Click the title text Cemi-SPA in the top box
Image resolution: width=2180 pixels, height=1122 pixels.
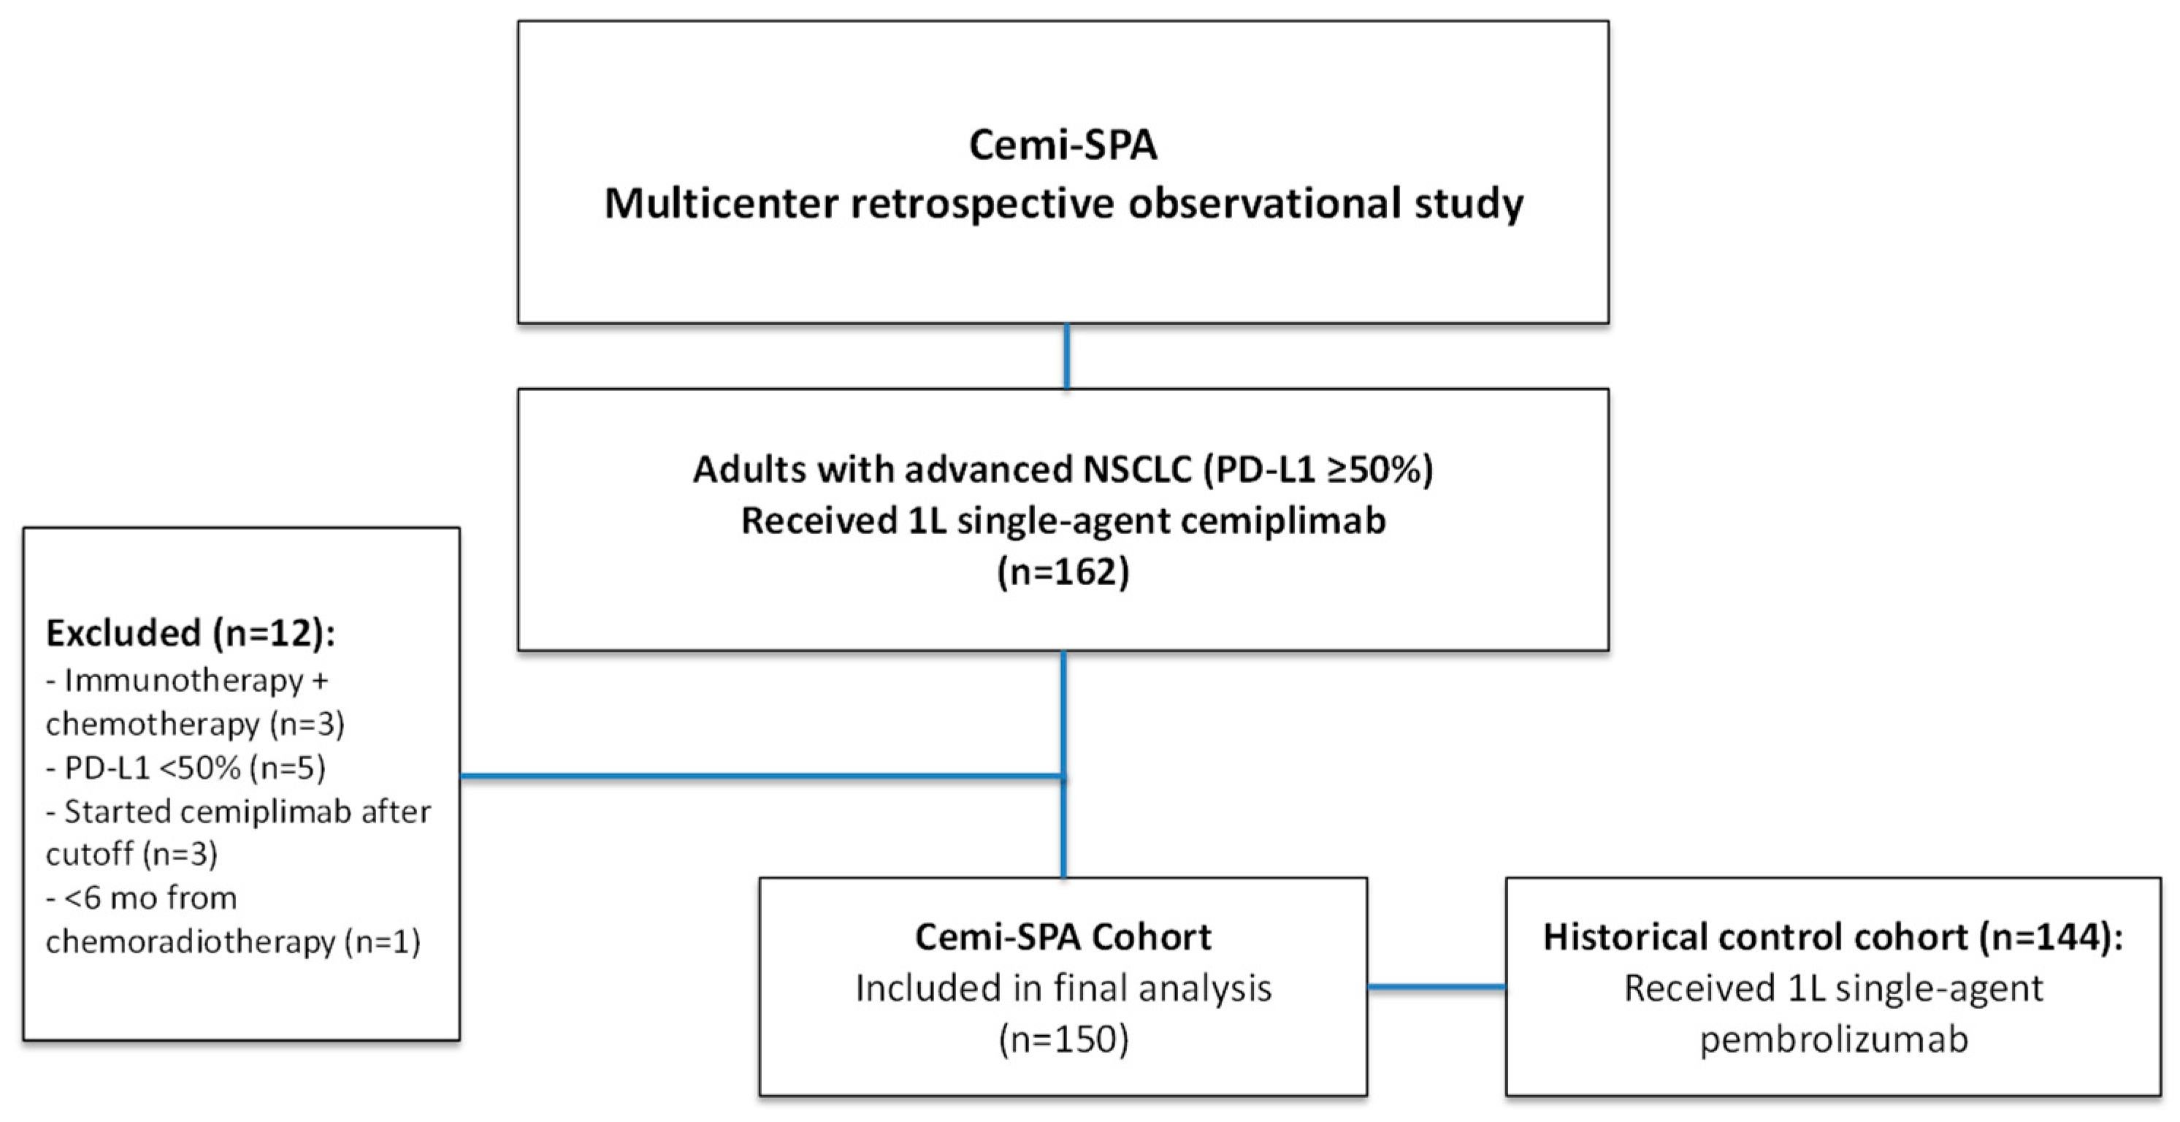(1062, 145)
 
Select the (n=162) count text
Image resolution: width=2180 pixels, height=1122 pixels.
(1062, 572)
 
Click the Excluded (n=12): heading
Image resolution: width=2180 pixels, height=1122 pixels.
(191, 633)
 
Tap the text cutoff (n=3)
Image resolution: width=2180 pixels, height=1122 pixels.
(131, 855)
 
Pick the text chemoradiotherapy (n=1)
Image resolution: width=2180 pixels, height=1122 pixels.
(233, 942)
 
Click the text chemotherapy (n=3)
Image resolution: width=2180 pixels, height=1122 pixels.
(195, 725)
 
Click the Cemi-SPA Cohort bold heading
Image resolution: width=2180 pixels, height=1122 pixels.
(1062, 936)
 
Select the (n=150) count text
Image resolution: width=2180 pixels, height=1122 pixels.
(1063, 1039)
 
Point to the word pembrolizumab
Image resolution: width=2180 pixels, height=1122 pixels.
(1833, 1039)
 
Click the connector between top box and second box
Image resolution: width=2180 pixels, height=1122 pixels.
(1066, 356)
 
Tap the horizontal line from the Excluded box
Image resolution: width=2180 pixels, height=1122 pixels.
(762, 775)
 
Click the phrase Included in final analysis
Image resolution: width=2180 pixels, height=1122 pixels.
(1063, 988)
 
